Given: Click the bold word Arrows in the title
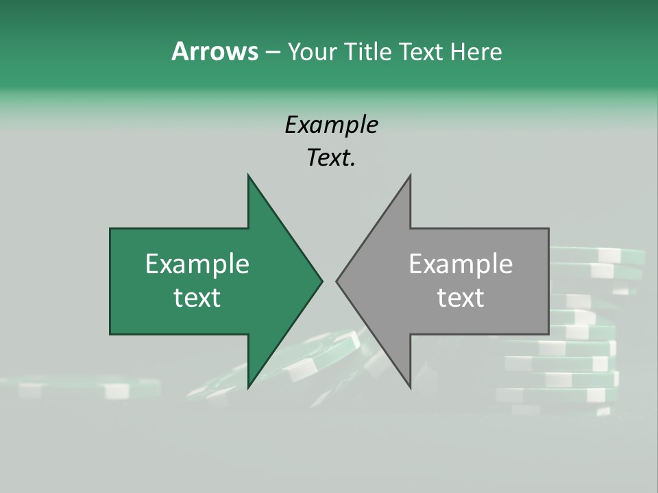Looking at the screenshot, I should pyautogui.click(x=215, y=51).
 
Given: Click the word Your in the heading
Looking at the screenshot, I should pyautogui.click(x=313, y=51).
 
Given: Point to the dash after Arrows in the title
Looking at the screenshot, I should pyautogui.click(x=272, y=52).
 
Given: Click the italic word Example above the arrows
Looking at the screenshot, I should pyautogui.click(x=331, y=125).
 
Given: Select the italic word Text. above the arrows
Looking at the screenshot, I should pyautogui.click(x=331, y=158).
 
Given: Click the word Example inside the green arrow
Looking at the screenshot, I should pyautogui.click(x=197, y=264).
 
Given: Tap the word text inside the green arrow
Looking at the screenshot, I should pyautogui.click(x=197, y=298).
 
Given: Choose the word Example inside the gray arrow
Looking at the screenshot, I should pyautogui.click(x=461, y=264).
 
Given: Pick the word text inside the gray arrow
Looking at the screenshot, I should pyautogui.click(x=461, y=298).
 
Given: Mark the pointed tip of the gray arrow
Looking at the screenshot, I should pyautogui.click(x=337, y=281).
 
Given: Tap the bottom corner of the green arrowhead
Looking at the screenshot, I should pyautogui.click(x=249, y=387).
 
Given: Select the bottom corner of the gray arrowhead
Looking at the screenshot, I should pyautogui.click(x=410, y=387).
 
